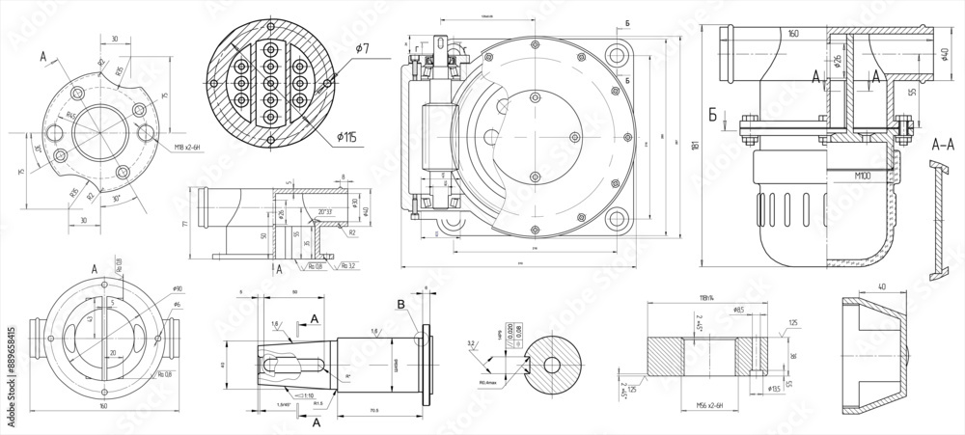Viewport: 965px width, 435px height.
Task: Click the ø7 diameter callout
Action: point(361,48)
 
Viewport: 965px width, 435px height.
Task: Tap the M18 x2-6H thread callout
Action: point(192,146)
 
